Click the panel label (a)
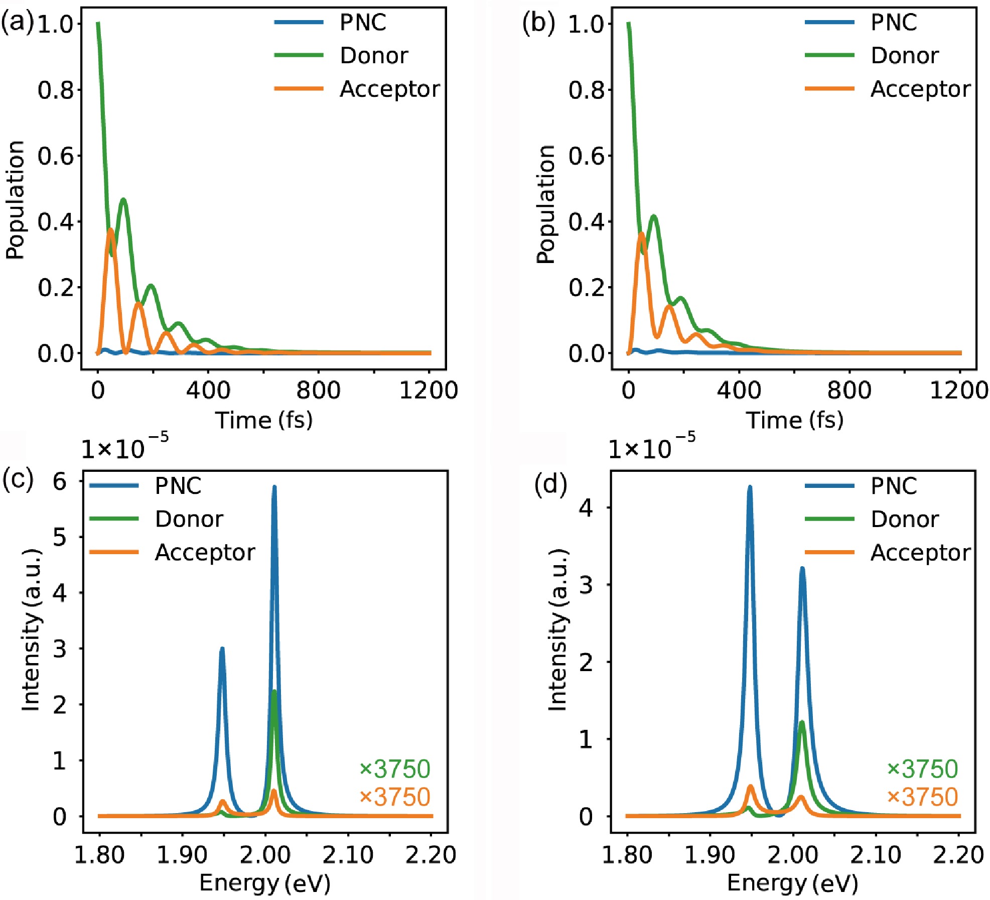pyautogui.click(x=17, y=23)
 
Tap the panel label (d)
pyautogui.click(x=550, y=485)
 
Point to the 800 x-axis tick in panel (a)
pyautogui.click(x=318, y=390)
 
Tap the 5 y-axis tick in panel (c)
pyautogui.click(x=60, y=537)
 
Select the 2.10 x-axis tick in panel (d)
pyautogui.click(x=876, y=854)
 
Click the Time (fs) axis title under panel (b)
pyautogui.click(x=794, y=420)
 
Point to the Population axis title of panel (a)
pyautogui.click(x=15, y=200)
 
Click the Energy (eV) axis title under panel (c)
pyautogui.click(x=265, y=882)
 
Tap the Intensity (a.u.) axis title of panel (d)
pyautogui.click(x=557, y=630)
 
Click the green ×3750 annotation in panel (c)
pyautogui.click(x=395, y=769)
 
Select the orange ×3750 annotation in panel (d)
pyautogui.click(x=922, y=797)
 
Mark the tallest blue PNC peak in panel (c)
pyautogui.click(x=274, y=487)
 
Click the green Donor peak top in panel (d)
pyautogui.click(x=802, y=723)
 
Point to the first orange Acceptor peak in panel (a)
pyautogui.click(x=110, y=230)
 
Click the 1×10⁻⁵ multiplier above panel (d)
pyautogui.click(x=651, y=447)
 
